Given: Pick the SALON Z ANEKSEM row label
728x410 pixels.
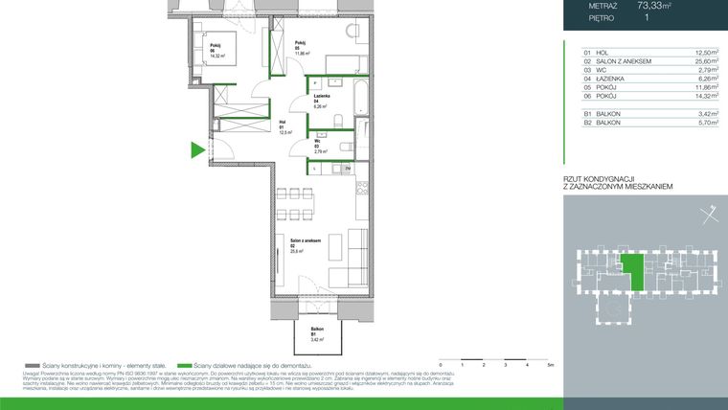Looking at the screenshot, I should coord(624,61).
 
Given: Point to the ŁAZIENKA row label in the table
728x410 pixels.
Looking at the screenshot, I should coord(611,79).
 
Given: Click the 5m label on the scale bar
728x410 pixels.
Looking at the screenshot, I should coord(550,365).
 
